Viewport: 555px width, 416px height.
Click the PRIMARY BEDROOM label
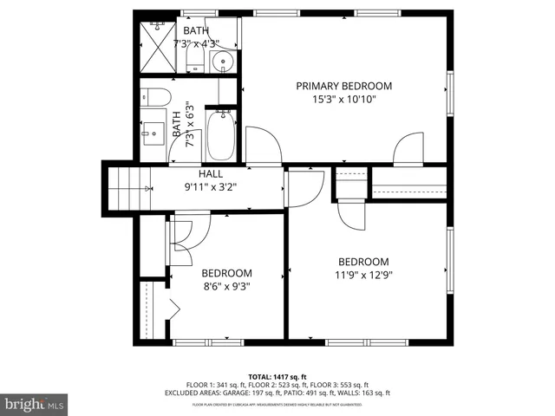click(x=343, y=86)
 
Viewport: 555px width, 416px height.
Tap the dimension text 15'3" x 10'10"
click(x=343, y=99)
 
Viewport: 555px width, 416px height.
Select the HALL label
click(x=211, y=173)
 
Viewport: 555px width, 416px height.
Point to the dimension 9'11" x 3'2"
click(x=211, y=186)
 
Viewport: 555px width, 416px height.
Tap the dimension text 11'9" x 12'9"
click(x=363, y=276)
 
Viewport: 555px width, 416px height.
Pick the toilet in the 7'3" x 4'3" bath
click(x=193, y=58)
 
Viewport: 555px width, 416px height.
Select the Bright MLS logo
click(x=35, y=404)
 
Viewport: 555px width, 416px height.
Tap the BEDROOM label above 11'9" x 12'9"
click(x=363, y=262)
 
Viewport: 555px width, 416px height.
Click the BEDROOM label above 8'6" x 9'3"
click(x=226, y=272)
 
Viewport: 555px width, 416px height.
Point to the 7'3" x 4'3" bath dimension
click(x=196, y=43)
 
